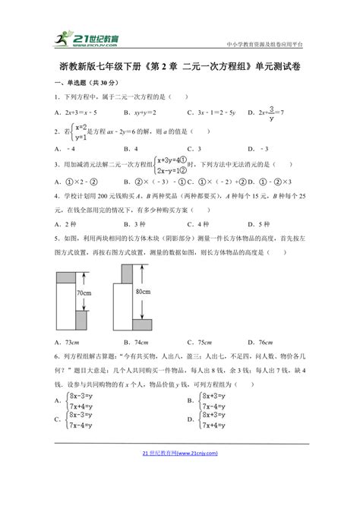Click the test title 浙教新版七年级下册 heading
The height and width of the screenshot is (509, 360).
179,66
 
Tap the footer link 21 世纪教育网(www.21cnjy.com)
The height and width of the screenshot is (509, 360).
180,495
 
